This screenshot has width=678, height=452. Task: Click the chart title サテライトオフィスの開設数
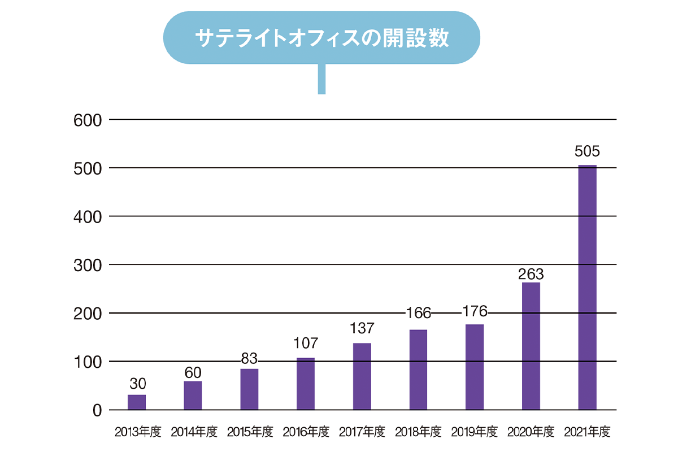[321, 38]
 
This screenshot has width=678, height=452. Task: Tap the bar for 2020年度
[531, 346]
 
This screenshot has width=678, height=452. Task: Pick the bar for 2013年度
[137, 402]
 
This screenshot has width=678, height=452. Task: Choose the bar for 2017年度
[362, 376]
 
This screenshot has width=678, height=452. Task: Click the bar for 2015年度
[249, 389]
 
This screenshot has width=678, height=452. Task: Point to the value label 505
[586, 152]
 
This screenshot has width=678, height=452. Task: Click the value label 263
[531, 275]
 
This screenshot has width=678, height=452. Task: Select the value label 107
[306, 343]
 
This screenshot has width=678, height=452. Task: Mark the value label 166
[419, 312]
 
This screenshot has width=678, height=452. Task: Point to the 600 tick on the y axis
[87, 120]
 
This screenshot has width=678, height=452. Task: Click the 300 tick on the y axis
[87, 265]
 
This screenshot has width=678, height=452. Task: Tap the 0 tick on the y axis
[97, 410]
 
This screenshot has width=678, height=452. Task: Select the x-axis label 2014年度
[194, 433]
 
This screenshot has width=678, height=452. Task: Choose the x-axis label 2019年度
[475, 433]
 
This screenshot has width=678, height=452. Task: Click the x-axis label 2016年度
[306, 433]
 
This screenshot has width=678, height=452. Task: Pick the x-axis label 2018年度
[419, 433]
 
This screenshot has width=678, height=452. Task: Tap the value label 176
[475, 312]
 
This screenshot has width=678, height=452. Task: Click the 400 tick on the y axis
[87, 216]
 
